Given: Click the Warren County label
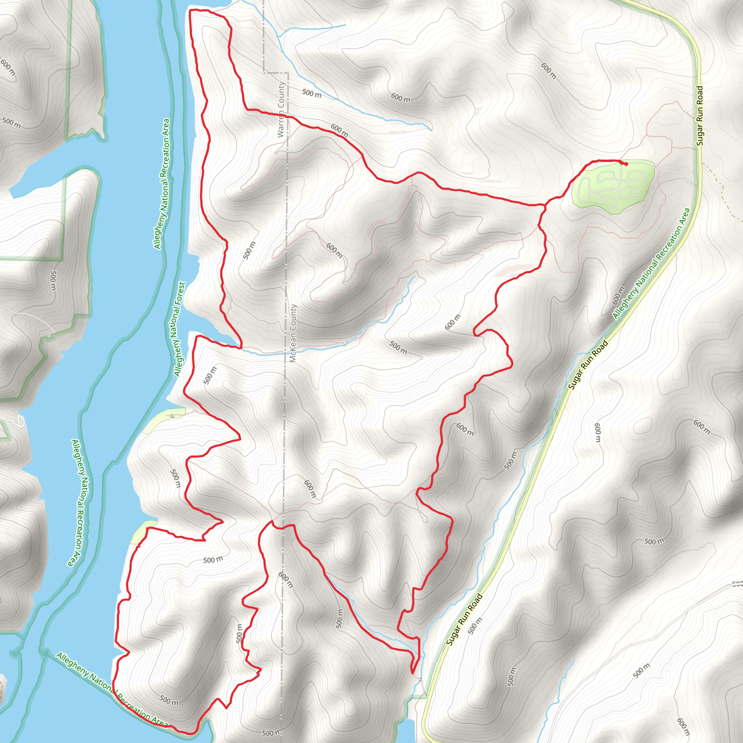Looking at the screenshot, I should point(281,109).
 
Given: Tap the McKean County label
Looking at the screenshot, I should point(293,333).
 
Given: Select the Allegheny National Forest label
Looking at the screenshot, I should point(179,329).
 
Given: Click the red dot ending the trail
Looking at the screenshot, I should point(626,164).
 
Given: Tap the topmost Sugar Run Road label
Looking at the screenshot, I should point(699,115).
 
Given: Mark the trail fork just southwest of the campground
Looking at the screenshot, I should point(545,205).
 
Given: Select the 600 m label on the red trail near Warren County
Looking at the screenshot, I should point(339,131).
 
